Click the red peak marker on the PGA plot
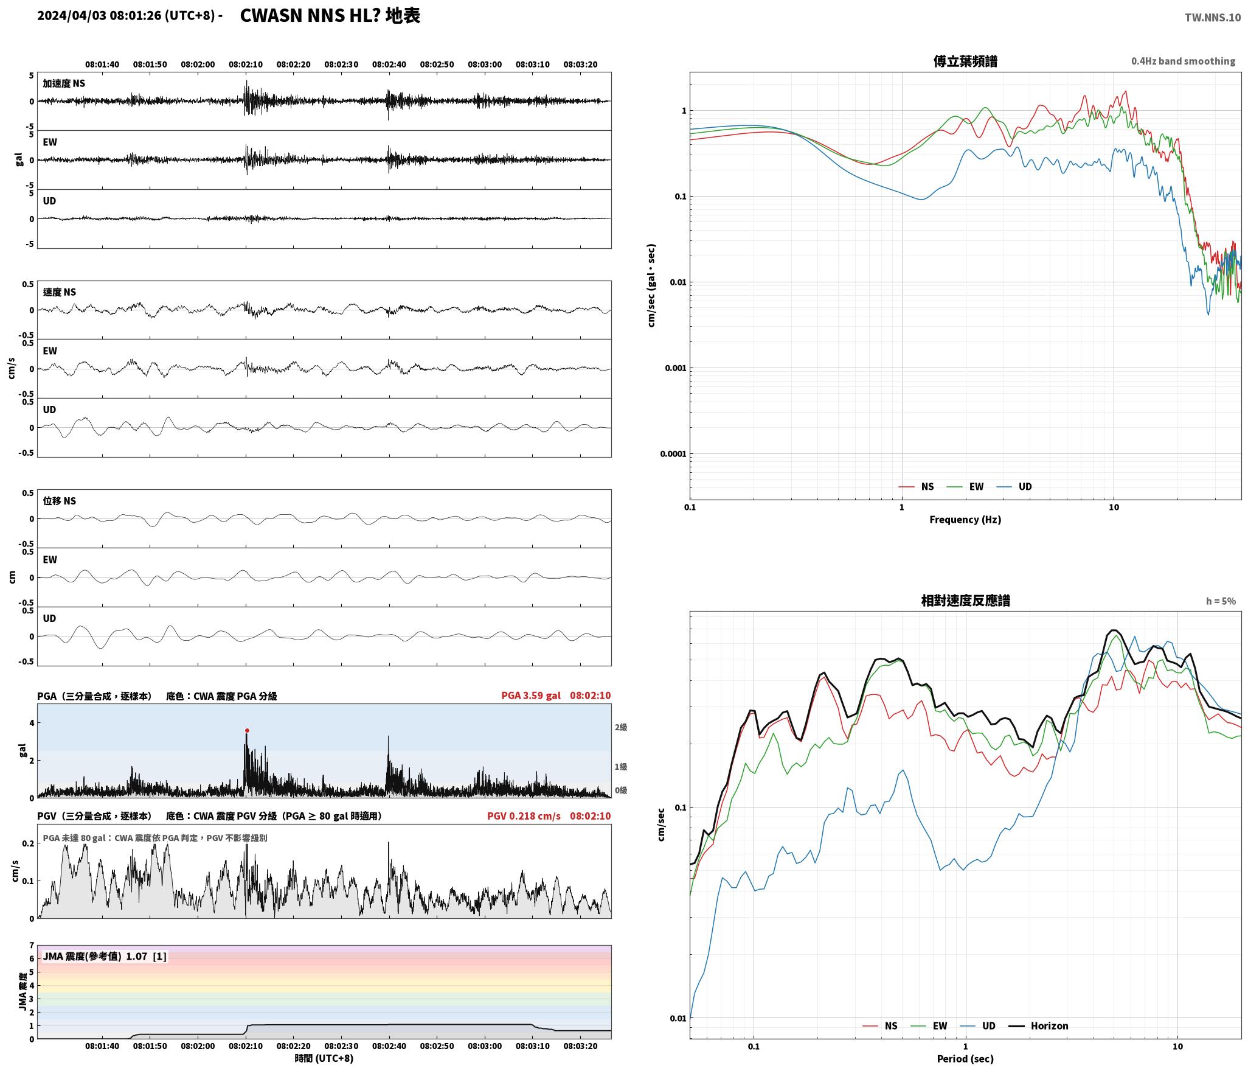tap(247, 730)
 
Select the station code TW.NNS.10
tap(1212, 18)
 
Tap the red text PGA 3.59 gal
tap(530, 696)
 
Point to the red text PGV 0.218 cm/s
tap(524, 815)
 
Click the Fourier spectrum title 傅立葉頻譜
tap(965, 61)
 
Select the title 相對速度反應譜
tap(965, 601)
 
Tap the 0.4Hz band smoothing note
tap(1183, 61)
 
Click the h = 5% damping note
tap(1221, 601)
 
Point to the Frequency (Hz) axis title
tap(965, 519)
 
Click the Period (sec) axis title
tap(965, 1058)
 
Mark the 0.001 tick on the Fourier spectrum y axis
tap(673, 368)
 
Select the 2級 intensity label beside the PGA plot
tap(620, 727)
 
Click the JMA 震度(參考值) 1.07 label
tap(95, 956)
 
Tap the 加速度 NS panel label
tap(64, 83)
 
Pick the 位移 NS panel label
tap(59, 501)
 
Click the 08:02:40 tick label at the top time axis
tap(389, 65)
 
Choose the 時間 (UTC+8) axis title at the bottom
tap(324, 1058)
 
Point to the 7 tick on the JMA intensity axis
tap(32, 946)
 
